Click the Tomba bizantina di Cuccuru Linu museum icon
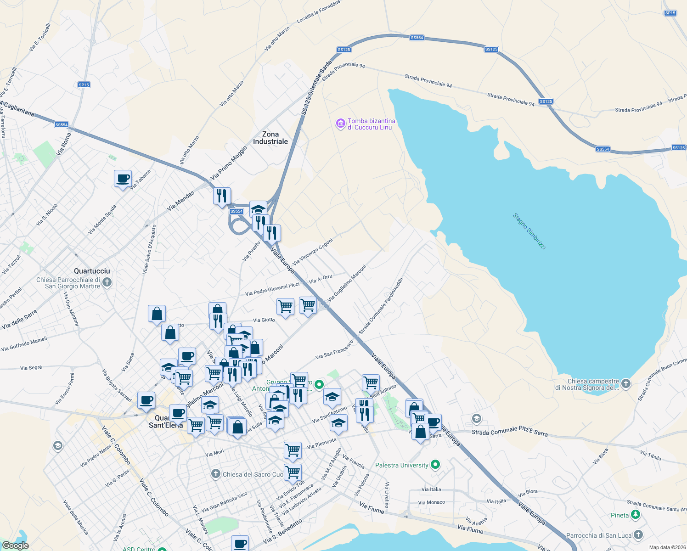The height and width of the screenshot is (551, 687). tap(340, 124)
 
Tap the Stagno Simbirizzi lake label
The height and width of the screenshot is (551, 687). tap(529, 231)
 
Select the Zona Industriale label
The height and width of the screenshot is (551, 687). tap(270, 138)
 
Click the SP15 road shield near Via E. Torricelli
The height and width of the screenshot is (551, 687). tap(84, 85)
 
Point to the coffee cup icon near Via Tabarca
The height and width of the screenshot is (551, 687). tap(123, 179)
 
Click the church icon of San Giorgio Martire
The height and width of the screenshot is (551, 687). tap(107, 282)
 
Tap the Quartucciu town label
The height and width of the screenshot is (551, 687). tap(92, 271)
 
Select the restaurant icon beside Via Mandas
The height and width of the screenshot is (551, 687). tap(222, 196)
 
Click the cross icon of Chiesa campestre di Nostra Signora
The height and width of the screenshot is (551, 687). tap(626, 384)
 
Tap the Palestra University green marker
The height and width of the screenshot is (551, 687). tap(435, 465)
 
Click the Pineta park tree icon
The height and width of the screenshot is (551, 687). tap(636, 515)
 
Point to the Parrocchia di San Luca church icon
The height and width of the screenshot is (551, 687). tap(638, 535)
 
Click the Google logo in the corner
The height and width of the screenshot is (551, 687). tap(15, 545)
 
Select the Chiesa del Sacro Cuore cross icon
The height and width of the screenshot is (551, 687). tap(216, 474)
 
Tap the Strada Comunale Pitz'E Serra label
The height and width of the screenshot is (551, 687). tap(510, 431)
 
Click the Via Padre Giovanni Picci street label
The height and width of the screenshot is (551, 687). tap(272, 289)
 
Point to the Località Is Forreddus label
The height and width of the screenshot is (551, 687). tap(318, 12)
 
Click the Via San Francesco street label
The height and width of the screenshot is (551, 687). tap(334, 350)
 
